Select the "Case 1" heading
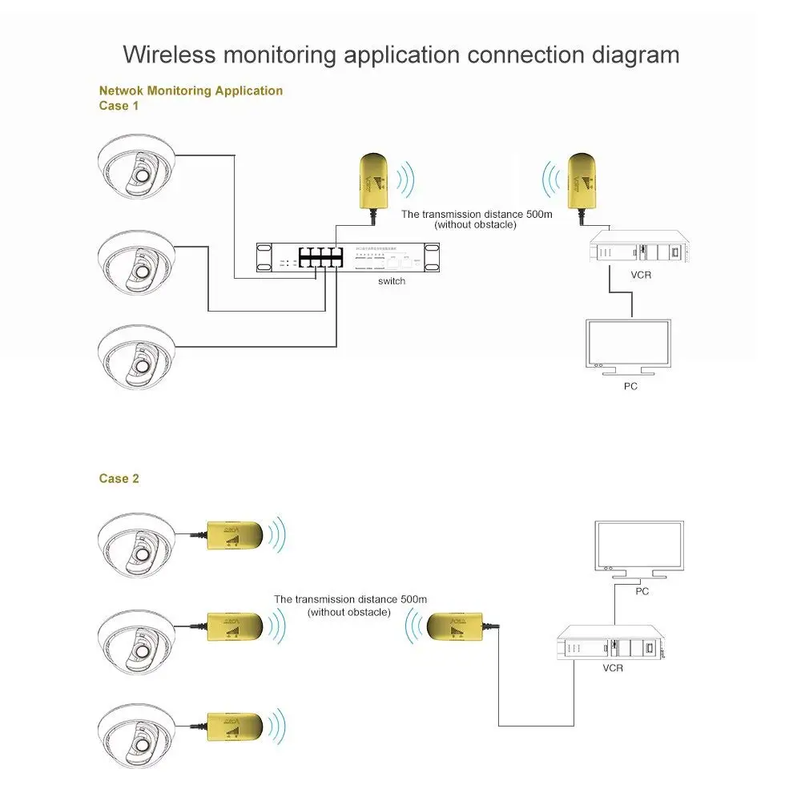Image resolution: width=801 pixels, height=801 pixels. click(x=119, y=106)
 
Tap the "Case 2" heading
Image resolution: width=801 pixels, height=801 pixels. click(x=119, y=478)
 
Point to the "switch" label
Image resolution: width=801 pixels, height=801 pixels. click(x=392, y=281)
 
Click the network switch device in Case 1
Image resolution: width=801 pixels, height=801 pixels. click(x=348, y=258)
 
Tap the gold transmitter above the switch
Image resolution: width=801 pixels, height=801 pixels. click(x=373, y=181)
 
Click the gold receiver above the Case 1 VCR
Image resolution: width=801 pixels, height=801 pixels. click(x=582, y=180)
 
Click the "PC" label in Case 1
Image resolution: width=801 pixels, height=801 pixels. click(x=630, y=386)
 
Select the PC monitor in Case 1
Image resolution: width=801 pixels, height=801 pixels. click(x=628, y=344)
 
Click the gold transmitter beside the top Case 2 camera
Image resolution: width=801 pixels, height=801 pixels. click(x=235, y=534)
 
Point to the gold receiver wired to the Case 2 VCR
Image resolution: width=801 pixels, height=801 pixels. click(x=454, y=627)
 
